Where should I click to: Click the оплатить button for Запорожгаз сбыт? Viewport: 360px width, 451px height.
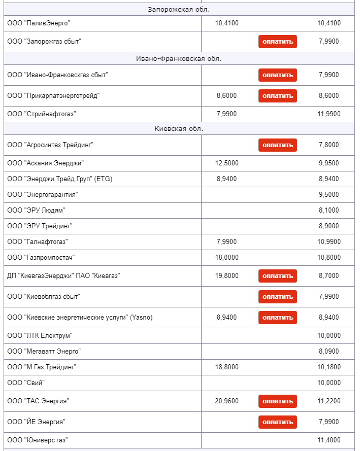tap(277, 42)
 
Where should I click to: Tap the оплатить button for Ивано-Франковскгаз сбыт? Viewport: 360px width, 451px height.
tap(277, 75)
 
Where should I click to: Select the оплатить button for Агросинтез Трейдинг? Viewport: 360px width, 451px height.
tap(277, 145)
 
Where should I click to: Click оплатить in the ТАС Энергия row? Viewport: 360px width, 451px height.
tap(277, 401)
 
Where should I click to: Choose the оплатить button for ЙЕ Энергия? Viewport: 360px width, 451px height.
tap(277, 422)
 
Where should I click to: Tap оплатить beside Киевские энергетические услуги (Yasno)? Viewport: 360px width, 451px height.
tap(277, 318)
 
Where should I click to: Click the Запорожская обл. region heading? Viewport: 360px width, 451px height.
tap(179, 10)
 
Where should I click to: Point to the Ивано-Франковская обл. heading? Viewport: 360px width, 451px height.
tap(179, 58)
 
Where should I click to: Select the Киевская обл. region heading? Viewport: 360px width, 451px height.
tap(179, 128)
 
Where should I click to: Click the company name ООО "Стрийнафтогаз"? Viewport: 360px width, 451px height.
tap(42, 114)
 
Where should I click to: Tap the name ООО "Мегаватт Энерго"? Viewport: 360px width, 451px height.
tap(44, 351)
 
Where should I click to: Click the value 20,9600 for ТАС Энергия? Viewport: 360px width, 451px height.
tap(226, 401)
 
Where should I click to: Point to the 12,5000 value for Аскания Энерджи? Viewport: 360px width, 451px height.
tap(226, 163)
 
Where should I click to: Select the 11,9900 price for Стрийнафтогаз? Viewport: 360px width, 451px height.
tap(329, 114)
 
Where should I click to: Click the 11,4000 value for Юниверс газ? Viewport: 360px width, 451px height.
tap(329, 440)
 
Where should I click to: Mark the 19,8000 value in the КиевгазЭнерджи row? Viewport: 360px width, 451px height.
tap(226, 276)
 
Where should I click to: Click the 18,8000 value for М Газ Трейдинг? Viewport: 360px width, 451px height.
tap(226, 367)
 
